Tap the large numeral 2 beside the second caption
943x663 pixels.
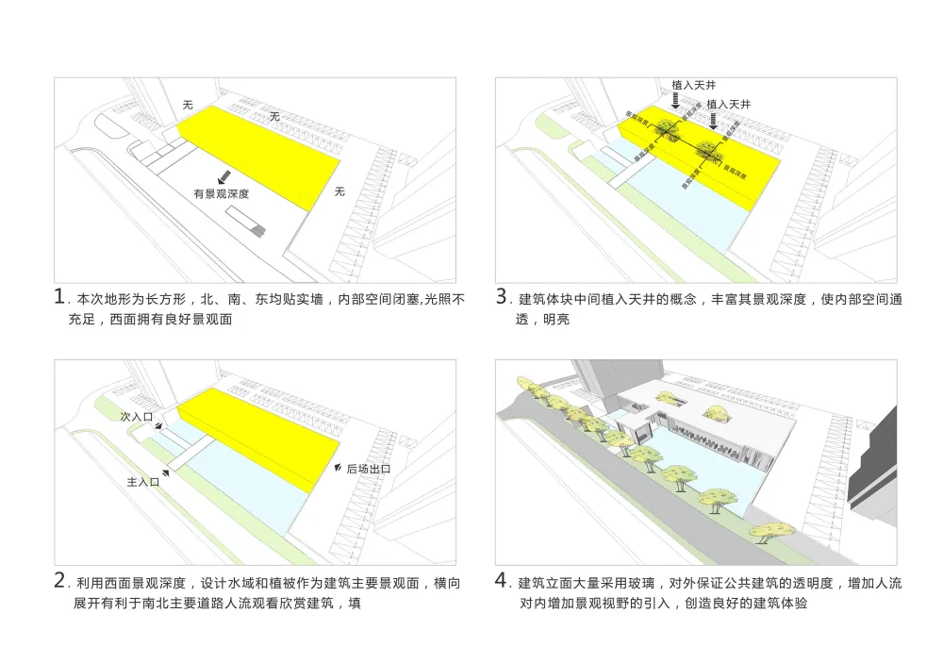60,580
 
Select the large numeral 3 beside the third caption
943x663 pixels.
503,297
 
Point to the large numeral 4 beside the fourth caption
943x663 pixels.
503,580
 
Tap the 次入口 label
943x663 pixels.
136,415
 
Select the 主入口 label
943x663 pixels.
142,482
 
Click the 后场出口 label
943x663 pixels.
368,470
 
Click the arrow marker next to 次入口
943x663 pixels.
160,426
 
